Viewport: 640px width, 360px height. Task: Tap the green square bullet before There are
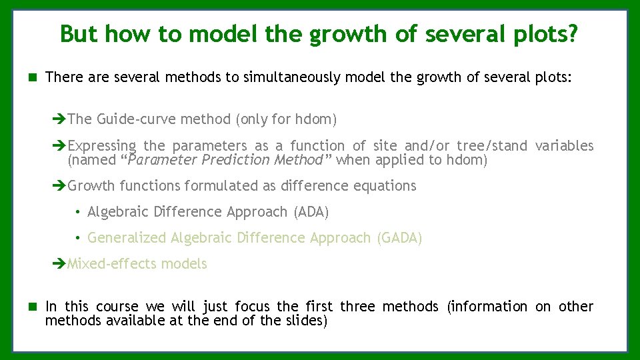click(31, 77)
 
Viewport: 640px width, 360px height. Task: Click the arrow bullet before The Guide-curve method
click(59, 119)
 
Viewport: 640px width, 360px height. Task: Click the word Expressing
click(102, 146)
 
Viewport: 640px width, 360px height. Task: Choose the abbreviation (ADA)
click(311, 212)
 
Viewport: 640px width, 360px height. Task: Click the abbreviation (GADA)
click(399, 238)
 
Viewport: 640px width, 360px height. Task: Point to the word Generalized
click(127, 238)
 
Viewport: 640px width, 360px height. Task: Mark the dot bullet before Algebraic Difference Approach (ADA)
click(78, 212)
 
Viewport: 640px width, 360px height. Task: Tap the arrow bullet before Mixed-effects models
click(59, 264)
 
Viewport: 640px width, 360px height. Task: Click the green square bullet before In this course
click(31, 307)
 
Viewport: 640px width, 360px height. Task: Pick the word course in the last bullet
click(117, 307)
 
